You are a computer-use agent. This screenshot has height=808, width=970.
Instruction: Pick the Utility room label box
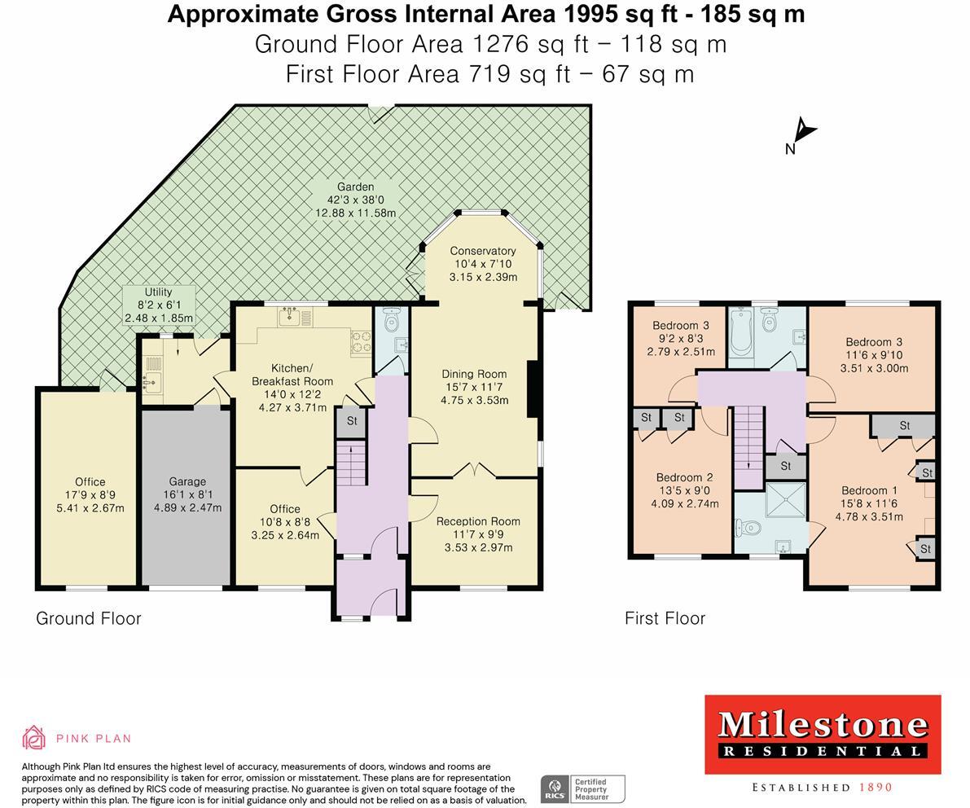[159, 305]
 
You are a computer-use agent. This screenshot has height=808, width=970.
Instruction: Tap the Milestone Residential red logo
[822, 734]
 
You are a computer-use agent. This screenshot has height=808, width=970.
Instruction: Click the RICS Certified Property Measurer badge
[582, 788]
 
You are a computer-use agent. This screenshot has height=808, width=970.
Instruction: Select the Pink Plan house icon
[33, 738]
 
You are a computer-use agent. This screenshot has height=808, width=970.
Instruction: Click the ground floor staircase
[353, 465]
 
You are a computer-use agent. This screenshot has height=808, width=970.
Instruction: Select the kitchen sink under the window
[291, 318]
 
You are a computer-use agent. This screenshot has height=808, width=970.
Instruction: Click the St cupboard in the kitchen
[352, 422]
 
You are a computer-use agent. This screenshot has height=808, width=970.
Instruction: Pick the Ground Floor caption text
[89, 618]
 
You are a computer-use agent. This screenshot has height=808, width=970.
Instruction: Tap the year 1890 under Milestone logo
[876, 788]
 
